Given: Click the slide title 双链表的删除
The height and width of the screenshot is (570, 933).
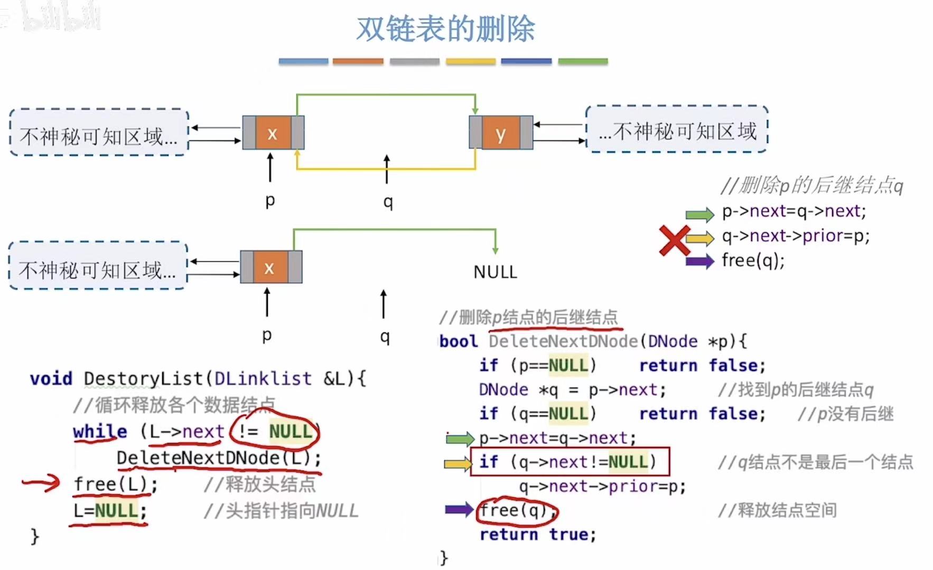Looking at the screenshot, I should (445, 29).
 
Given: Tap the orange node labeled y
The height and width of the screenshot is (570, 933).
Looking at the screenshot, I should (500, 133).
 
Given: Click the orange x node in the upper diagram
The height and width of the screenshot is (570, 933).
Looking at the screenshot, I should (273, 133).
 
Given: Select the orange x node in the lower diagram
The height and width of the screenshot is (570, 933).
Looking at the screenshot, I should (269, 267).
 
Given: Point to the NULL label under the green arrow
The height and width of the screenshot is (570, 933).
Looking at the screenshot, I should (495, 272).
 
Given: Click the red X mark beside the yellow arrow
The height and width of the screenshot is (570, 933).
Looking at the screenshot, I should (674, 240).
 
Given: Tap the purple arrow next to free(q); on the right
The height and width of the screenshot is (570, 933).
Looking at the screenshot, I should (699, 261).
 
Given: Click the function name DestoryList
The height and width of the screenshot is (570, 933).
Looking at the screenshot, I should (143, 378).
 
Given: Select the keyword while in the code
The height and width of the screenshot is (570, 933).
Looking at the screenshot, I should (100, 432).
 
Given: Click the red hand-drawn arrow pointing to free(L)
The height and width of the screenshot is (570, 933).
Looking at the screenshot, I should (41, 482).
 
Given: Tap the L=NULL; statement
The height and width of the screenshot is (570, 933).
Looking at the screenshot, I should (110, 511).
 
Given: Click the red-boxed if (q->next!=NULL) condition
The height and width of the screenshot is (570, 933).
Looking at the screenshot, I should (570, 462).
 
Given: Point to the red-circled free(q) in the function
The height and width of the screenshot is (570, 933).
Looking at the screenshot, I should (517, 511).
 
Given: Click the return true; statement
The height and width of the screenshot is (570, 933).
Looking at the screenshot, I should (538, 535).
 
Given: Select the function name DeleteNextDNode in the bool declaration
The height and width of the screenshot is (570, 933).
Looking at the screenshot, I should (564, 341).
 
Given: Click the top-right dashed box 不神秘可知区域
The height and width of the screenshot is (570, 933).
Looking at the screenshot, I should (677, 130).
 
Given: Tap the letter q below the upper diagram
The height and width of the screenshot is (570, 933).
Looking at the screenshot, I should (388, 201).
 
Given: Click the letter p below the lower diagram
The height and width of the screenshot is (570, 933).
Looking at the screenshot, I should (267, 335).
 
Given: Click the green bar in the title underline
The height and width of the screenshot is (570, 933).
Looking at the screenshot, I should (583, 61).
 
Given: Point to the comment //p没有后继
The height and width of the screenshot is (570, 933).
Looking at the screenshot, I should (845, 414).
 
